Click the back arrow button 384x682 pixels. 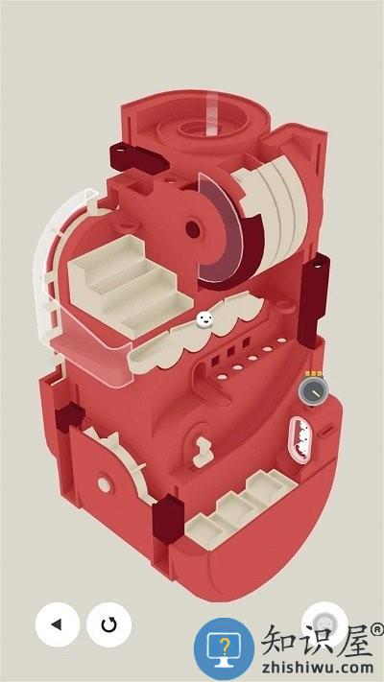(x=57, y=624)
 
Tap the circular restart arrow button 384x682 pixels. (x=108, y=624)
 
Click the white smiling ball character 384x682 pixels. (x=204, y=319)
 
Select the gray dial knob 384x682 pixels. (x=314, y=391)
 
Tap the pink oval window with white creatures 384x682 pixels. (x=300, y=439)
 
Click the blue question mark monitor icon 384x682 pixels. (x=224, y=648)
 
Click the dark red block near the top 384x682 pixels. (x=138, y=158)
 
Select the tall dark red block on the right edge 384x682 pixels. (x=314, y=300)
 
